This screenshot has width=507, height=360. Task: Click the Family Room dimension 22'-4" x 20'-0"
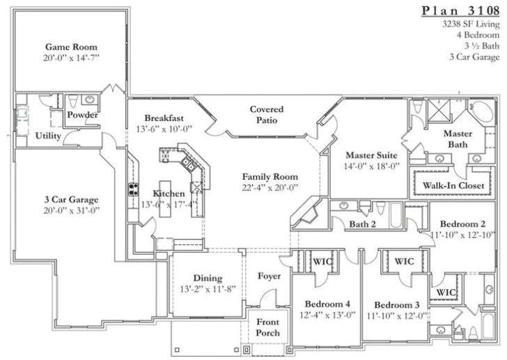click(x=270, y=187)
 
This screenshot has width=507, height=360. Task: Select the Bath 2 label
click(x=362, y=224)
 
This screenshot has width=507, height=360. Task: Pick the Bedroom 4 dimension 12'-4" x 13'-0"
click(x=327, y=315)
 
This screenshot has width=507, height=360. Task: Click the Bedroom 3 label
click(x=396, y=305)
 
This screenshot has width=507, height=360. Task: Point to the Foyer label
click(x=269, y=276)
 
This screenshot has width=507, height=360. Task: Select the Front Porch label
click(x=268, y=327)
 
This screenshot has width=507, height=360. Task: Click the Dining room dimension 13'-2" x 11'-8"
click(x=208, y=288)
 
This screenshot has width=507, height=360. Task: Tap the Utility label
click(x=48, y=136)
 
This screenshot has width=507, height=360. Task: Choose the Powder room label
click(x=82, y=115)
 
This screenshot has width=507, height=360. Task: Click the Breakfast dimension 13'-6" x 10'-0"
click(x=164, y=129)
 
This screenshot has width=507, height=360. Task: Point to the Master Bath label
click(x=458, y=139)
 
